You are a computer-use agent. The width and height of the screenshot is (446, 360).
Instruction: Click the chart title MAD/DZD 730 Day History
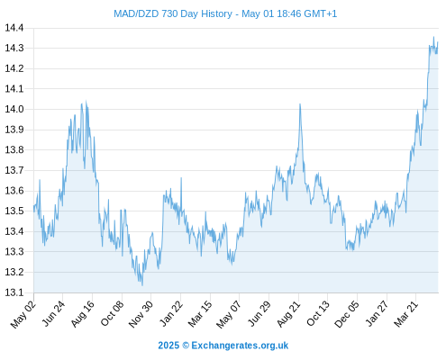point(173,13)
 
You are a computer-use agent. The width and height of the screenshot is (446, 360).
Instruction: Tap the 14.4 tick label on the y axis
point(14,28)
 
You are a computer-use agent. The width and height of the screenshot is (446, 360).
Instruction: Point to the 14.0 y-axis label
point(14,109)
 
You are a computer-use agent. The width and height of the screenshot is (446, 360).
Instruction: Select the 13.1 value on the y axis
point(14,292)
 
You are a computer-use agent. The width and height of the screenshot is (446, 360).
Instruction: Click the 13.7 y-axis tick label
point(14,170)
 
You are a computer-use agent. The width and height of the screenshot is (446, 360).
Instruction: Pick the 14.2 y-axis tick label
point(14,68)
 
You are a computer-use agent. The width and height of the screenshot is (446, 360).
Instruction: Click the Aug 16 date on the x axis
point(82,313)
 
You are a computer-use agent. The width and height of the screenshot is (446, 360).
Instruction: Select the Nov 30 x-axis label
point(141,314)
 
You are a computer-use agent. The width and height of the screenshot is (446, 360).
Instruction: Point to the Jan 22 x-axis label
point(170,313)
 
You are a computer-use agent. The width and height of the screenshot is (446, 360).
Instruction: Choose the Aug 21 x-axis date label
point(288,313)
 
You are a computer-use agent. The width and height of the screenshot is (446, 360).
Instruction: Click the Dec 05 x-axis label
point(347,314)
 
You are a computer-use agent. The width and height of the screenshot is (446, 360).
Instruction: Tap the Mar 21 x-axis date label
point(406,313)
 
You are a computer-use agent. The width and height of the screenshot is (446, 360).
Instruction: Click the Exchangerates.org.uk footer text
point(240,346)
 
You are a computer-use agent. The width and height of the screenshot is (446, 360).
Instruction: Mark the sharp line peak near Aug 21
point(300,104)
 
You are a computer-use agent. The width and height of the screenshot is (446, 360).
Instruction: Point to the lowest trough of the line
point(142,285)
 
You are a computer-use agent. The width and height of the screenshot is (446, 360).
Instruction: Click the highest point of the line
point(433,37)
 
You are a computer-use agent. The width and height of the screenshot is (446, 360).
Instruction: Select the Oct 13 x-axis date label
point(318,313)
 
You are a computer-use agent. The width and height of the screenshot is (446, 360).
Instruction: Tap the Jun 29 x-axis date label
point(259,313)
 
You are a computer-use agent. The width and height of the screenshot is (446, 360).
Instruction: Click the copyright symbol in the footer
point(186,346)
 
